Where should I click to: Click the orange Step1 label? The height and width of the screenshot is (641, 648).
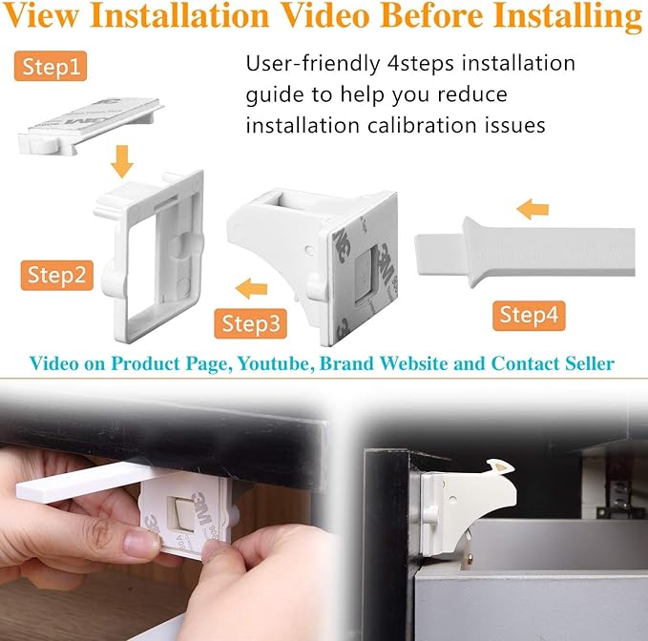click(56, 67)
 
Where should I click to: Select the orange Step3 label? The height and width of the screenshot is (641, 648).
click(251, 322)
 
